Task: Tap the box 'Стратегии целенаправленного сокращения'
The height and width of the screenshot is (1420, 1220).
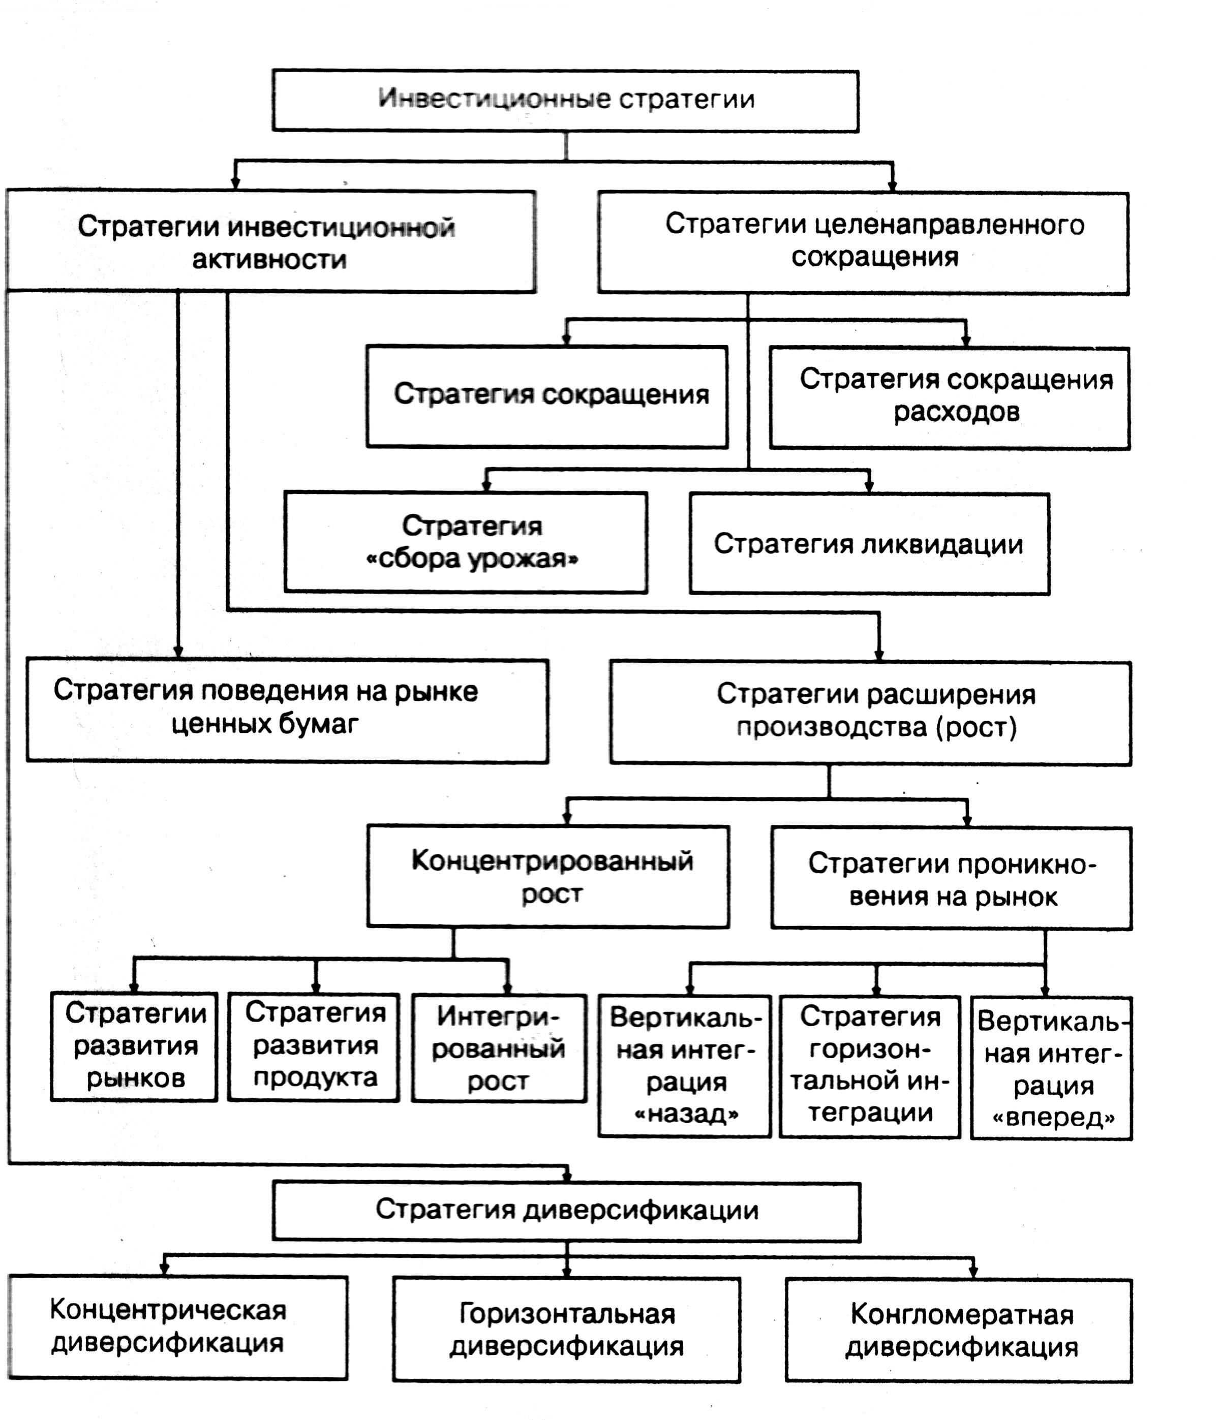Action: coord(863,242)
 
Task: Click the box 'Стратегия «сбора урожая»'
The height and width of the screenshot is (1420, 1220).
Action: coord(466,541)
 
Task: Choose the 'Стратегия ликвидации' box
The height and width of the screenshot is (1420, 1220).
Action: coord(869,543)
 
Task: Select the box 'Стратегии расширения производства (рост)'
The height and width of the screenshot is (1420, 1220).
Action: coord(870,712)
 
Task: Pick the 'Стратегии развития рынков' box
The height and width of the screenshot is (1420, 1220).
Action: coord(134,1046)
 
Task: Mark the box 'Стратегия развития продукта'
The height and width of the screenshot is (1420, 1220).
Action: coord(314,1046)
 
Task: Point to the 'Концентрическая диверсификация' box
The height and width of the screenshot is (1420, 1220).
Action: coord(178,1326)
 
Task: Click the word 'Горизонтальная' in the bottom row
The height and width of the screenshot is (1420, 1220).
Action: coord(567,1313)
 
